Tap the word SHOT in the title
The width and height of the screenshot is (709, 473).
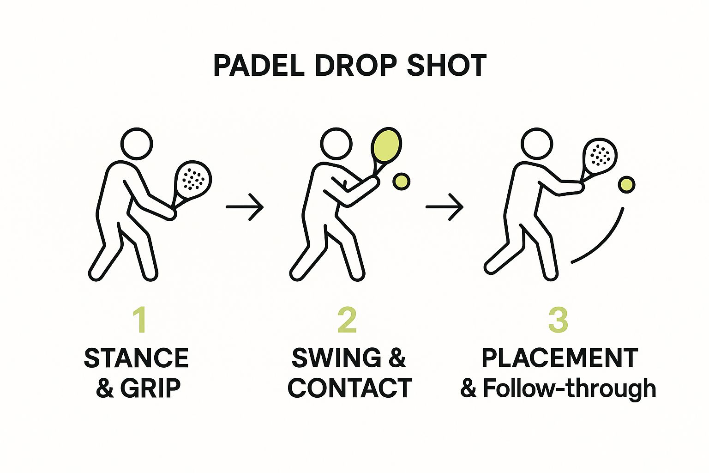[446, 66]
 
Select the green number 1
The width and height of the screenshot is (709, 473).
[139, 319]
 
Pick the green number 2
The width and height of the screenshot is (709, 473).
[347, 319]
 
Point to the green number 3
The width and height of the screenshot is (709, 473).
[558, 319]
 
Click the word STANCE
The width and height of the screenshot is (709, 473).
[137, 358]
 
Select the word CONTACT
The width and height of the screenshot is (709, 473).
[350, 388]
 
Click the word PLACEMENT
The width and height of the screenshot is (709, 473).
[559, 358]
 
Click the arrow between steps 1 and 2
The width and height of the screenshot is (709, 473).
[245, 207]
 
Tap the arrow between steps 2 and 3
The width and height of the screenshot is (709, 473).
[444, 207]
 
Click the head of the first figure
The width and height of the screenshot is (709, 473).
[136, 144]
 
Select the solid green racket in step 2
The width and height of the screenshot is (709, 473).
[386, 145]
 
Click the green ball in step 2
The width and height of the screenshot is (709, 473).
[401, 182]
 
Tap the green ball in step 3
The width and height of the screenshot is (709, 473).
[626, 185]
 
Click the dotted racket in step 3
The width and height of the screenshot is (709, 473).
[600, 155]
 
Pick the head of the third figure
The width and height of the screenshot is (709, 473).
[537, 144]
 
